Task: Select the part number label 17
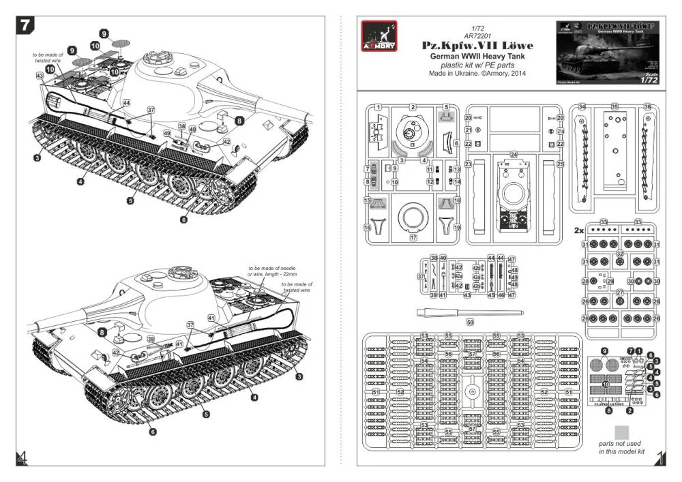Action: (x=413, y=238)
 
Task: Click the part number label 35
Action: (x=614, y=107)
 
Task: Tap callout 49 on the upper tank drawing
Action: (x=168, y=133)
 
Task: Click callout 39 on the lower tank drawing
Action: (x=151, y=339)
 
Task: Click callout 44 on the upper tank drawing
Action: (x=126, y=102)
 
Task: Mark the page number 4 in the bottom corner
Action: (x=23, y=457)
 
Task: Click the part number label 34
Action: (x=582, y=107)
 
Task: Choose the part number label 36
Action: (x=647, y=107)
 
